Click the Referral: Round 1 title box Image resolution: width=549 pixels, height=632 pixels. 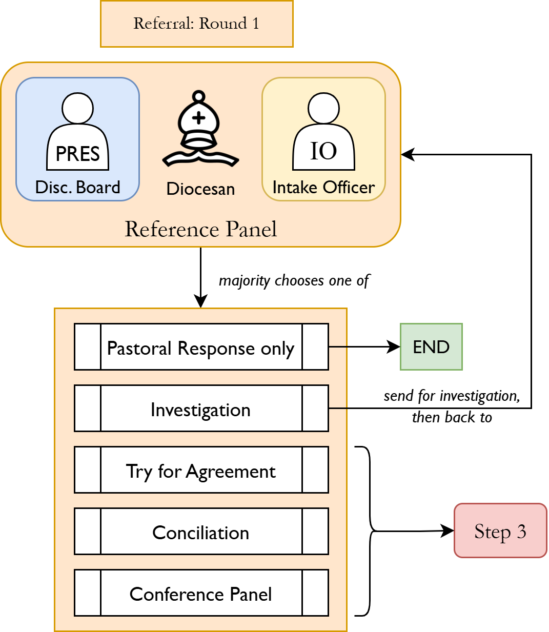(196, 24)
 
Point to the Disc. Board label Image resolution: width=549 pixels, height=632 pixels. (77, 188)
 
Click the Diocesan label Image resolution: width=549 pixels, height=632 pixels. (200, 189)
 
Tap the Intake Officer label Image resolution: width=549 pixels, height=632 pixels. (323, 188)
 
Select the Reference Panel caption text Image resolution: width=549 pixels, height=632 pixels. (200, 229)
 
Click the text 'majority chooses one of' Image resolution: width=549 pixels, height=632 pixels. (294, 281)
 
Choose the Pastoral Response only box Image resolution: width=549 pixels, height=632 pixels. (201, 347)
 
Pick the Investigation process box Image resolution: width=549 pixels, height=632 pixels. (201, 409)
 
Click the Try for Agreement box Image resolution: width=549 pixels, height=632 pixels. (201, 470)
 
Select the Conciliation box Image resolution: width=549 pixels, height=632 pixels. (201, 532)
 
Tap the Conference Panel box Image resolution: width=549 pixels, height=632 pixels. (201, 593)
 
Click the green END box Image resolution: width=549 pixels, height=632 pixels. (431, 347)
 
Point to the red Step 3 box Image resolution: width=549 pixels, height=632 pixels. (500, 531)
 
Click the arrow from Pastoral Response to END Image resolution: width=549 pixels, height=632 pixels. (364, 347)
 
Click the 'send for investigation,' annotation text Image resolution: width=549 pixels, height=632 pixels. (452, 396)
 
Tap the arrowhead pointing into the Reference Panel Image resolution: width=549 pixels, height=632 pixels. (407, 154)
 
